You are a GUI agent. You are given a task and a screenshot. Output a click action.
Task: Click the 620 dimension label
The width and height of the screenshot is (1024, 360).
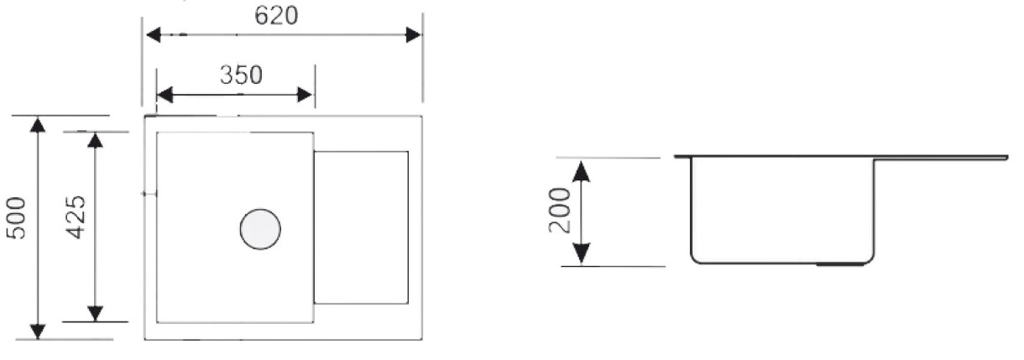click(x=276, y=16)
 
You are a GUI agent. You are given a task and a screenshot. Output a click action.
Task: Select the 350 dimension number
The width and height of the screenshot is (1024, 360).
click(x=241, y=75)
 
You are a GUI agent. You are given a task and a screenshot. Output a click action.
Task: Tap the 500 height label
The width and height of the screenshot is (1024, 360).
click(x=16, y=218)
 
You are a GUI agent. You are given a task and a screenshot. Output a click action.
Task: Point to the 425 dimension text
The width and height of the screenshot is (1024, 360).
click(x=76, y=217)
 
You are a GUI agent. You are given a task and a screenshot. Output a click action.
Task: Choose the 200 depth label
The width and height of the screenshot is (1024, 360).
click(x=560, y=210)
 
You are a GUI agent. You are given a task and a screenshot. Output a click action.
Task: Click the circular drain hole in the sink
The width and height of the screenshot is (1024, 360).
click(x=260, y=229)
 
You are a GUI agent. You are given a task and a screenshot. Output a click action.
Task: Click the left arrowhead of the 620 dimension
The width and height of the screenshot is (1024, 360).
click(x=153, y=34)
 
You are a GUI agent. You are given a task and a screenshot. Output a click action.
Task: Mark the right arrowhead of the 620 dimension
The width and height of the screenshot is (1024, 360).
click(x=413, y=34)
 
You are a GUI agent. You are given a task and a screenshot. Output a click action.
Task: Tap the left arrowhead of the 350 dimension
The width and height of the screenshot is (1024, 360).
click(x=165, y=95)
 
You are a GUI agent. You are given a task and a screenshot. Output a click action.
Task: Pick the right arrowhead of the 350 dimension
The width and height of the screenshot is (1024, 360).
click(x=305, y=95)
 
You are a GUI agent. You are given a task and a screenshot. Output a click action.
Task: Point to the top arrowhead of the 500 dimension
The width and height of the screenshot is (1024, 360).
click(x=38, y=125)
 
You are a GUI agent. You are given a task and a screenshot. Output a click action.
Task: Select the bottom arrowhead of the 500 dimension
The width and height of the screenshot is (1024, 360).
click(x=38, y=331)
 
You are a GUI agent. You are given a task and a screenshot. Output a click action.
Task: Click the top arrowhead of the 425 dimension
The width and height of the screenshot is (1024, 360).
click(x=95, y=140)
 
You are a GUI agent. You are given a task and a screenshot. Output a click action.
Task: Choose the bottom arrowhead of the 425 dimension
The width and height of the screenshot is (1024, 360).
click(x=95, y=314)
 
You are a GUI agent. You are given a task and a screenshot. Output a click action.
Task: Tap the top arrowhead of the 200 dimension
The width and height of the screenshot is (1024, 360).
click(x=581, y=171)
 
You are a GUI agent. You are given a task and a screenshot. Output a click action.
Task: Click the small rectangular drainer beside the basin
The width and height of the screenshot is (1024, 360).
click(x=361, y=227)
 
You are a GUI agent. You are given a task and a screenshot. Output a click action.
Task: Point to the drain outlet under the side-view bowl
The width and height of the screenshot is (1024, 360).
click(x=840, y=264)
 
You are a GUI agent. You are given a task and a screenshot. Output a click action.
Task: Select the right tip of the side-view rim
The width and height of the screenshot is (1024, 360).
click(x=1007, y=158)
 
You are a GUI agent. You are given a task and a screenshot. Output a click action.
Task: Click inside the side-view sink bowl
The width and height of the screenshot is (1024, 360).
click(x=782, y=210)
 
